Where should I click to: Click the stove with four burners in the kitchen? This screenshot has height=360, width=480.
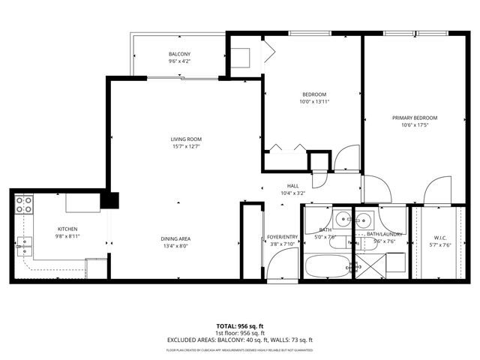pyautogui.click(x=24, y=205)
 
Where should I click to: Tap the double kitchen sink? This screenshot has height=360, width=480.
pyautogui.click(x=24, y=243)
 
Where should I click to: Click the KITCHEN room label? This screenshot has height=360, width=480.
pyautogui.click(x=68, y=229)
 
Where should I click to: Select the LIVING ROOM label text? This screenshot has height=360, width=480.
pyautogui.click(x=185, y=139)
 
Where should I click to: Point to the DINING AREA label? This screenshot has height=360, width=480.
pyautogui.click(x=175, y=239)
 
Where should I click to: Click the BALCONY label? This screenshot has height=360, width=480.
pyautogui.click(x=178, y=54)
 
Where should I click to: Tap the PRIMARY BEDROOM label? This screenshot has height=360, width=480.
pyautogui.click(x=415, y=118)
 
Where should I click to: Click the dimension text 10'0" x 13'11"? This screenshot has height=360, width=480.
pyautogui.click(x=314, y=101)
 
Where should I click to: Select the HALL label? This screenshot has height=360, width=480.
pyautogui.click(x=293, y=186)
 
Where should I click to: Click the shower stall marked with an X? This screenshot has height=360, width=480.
pyautogui.click(x=368, y=265)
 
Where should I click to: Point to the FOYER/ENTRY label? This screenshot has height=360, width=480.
pyautogui.click(x=283, y=237)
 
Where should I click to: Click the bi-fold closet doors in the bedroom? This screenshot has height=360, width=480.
pyautogui.click(x=288, y=148)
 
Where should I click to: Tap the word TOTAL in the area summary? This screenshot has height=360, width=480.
pyautogui.click(x=226, y=326)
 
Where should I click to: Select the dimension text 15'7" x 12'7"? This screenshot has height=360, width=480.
pyautogui.click(x=185, y=147)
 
